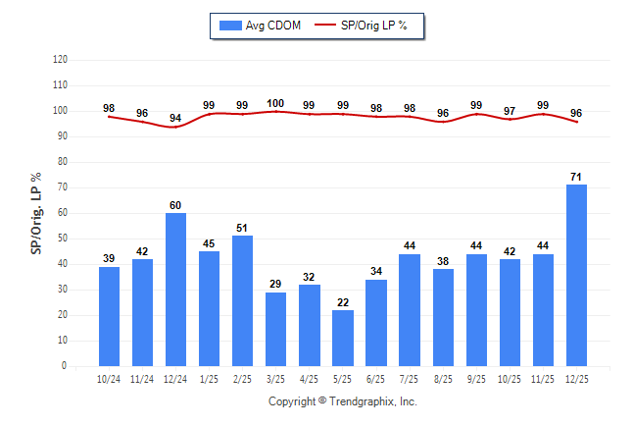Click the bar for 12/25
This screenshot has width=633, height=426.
click(x=577, y=275)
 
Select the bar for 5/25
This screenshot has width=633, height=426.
click(x=343, y=338)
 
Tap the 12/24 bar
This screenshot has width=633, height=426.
click(x=176, y=290)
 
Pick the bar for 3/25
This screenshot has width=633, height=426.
click(x=276, y=329)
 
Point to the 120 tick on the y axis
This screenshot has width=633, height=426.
click(x=61, y=60)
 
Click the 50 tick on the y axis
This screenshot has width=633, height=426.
click(x=63, y=239)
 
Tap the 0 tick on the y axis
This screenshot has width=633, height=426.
click(x=65, y=366)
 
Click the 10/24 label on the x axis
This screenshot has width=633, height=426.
click(x=109, y=379)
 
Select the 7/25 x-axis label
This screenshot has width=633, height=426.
click(x=410, y=379)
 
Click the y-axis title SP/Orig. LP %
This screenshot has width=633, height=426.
click(x=36, y=212)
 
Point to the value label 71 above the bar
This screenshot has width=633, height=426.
click(x=577, y=177)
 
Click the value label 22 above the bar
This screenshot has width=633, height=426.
click(x=343, y=301)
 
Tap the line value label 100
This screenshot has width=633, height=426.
click(x=276, y=103)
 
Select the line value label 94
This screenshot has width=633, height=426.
click(x=176, y=119)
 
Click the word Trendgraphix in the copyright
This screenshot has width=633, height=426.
click(x=362, y=401)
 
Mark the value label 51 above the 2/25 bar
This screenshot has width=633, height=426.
click(x=243, y=228)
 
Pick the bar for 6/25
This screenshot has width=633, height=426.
click(x=376, y=323)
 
